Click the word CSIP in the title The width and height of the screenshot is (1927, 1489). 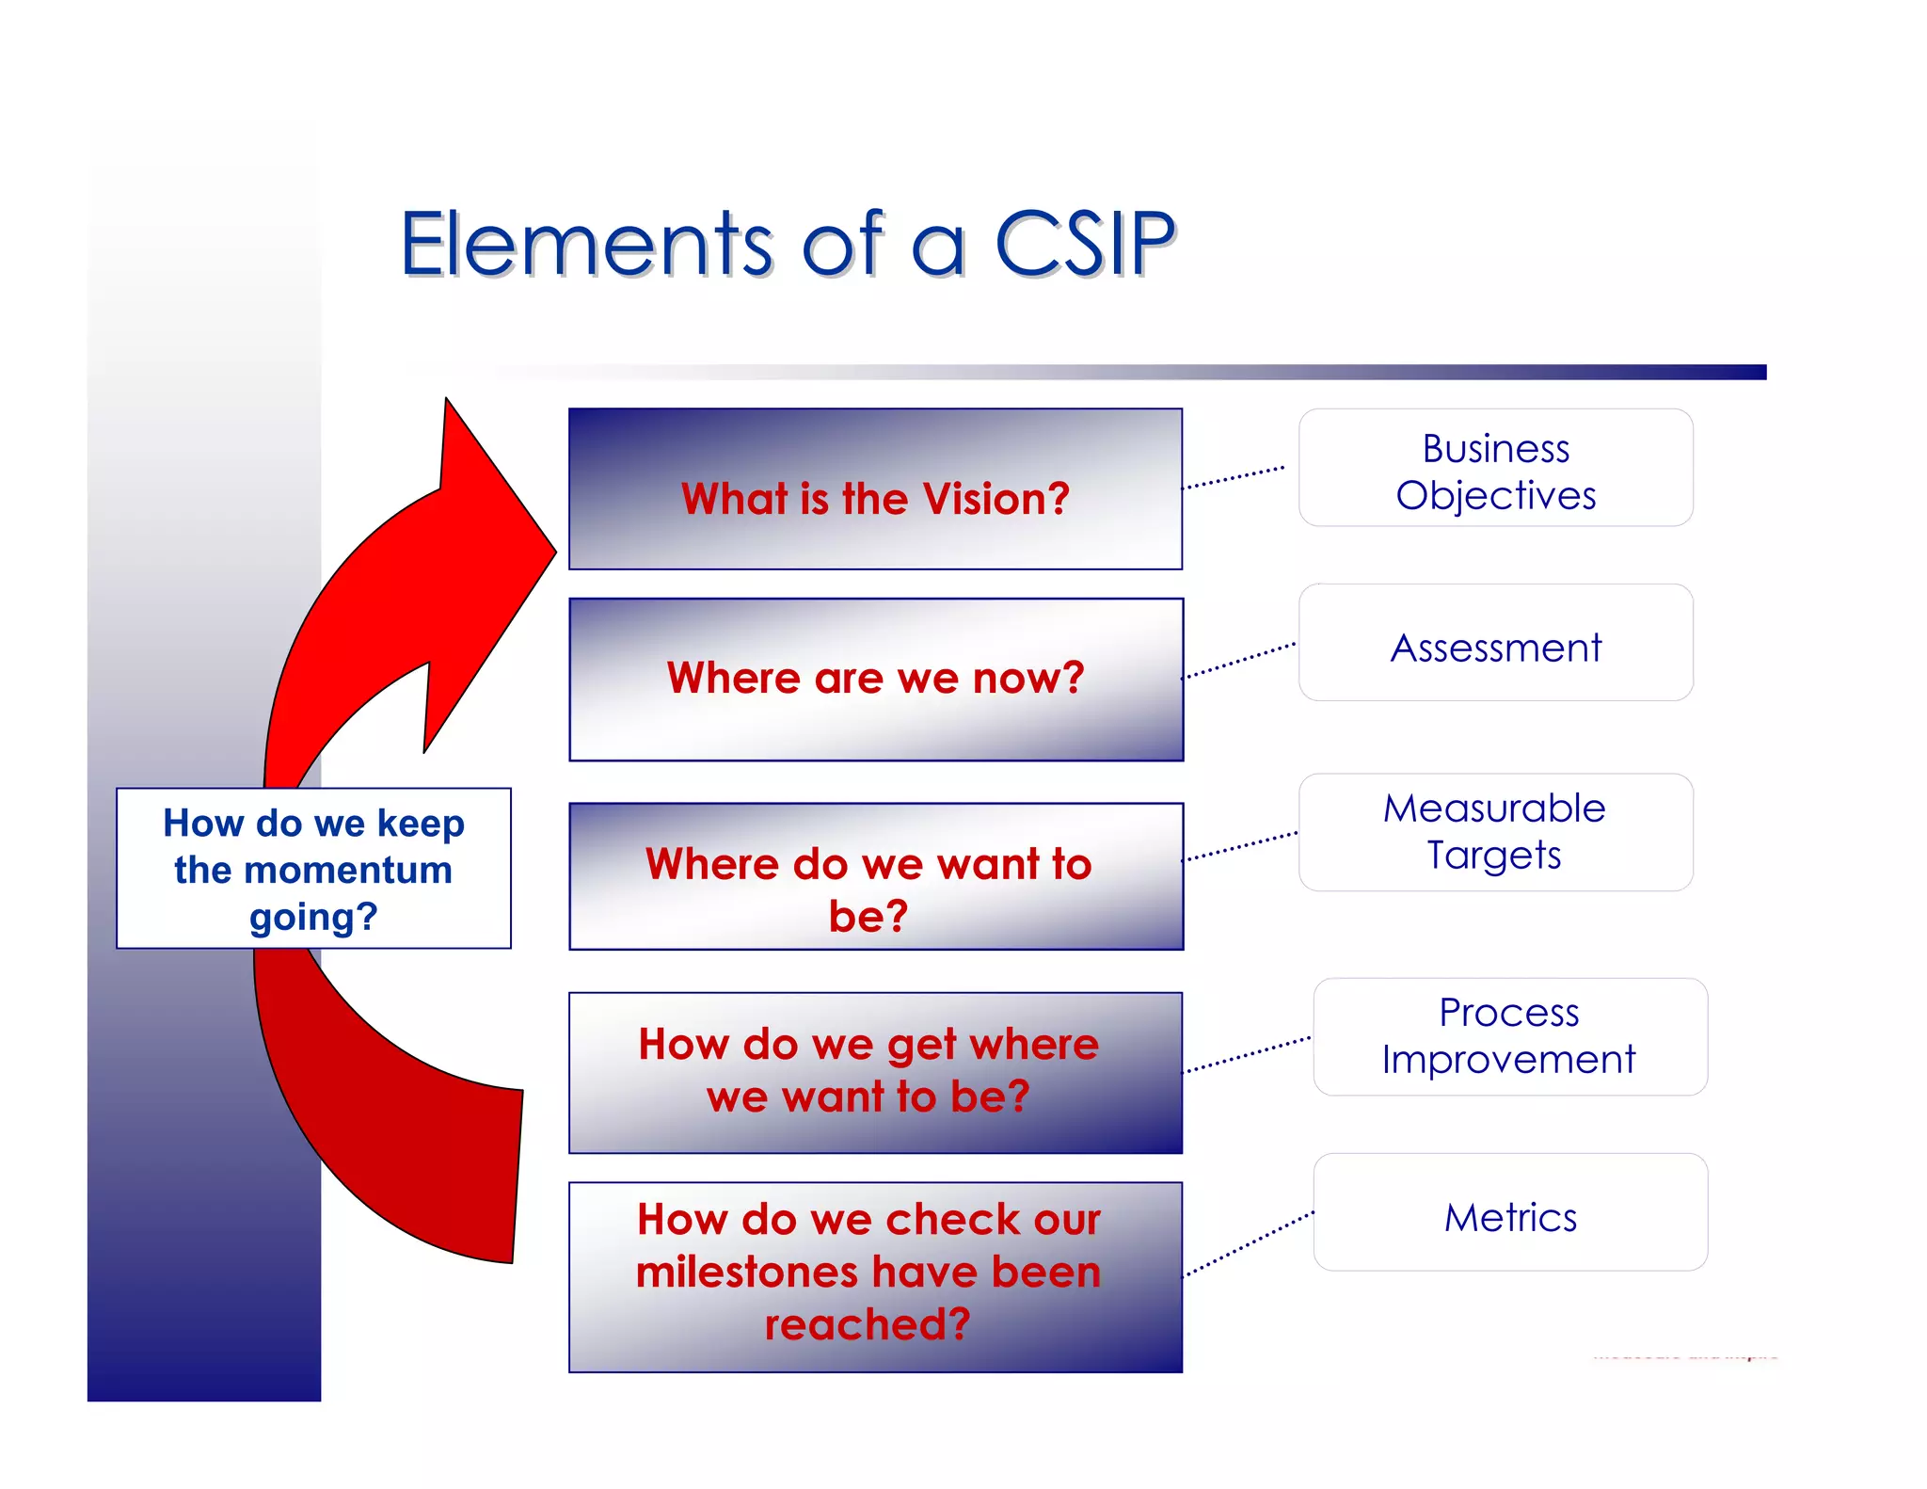coord(1084,245)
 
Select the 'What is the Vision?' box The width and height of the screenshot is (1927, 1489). coord(875,488)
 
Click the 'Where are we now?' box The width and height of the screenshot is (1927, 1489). coord(875,679)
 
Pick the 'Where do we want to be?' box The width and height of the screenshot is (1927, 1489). coord(875,876)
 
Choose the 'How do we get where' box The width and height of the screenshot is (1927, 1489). coord(875,1072)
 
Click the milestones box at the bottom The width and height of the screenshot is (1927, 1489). coord(875,1276)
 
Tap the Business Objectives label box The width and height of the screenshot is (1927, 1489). coord(1495,468)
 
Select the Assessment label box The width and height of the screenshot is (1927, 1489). coord(1495,643)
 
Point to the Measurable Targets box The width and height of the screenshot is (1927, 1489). coord(1495,832)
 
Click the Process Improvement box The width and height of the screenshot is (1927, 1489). coord(1509,1036)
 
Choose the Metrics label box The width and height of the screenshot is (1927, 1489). coord(1509,1212)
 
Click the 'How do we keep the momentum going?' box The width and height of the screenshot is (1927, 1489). coord(313,868)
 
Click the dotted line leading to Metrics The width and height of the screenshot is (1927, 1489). coord(1248,1244)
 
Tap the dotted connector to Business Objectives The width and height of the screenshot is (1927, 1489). coord(1233,477)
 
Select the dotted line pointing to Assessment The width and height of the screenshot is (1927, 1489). coord(1238,661)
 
